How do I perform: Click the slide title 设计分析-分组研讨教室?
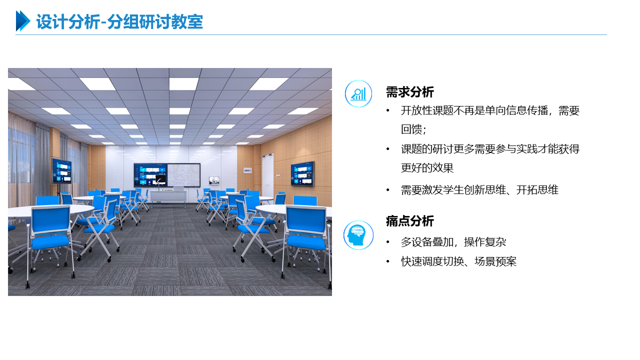click(x=119, y=21)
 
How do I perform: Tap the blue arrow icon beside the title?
click(x=23, y=21)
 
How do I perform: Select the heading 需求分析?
click(x=409, y=92)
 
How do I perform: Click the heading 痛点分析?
click(x=409, y=221)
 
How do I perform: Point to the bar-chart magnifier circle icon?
click(x=358, y=93)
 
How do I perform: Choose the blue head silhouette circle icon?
click(x=358, y=235)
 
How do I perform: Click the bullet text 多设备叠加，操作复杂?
click(x=453, y=242)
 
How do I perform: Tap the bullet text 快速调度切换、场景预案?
click(x=458, y=261)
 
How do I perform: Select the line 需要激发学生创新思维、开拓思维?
click(x=479, y=190)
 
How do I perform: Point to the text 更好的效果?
click(x=427, y=168)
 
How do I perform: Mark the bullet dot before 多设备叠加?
click(x=387, y=242)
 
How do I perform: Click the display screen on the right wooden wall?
click(x=302, y=173)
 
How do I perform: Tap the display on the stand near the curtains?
click(x=61, y=171)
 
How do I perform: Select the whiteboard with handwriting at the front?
click(x=183, y=175)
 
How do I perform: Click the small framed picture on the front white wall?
click(x=214, y=180)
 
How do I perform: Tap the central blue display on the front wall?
click(x=150, y=175)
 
